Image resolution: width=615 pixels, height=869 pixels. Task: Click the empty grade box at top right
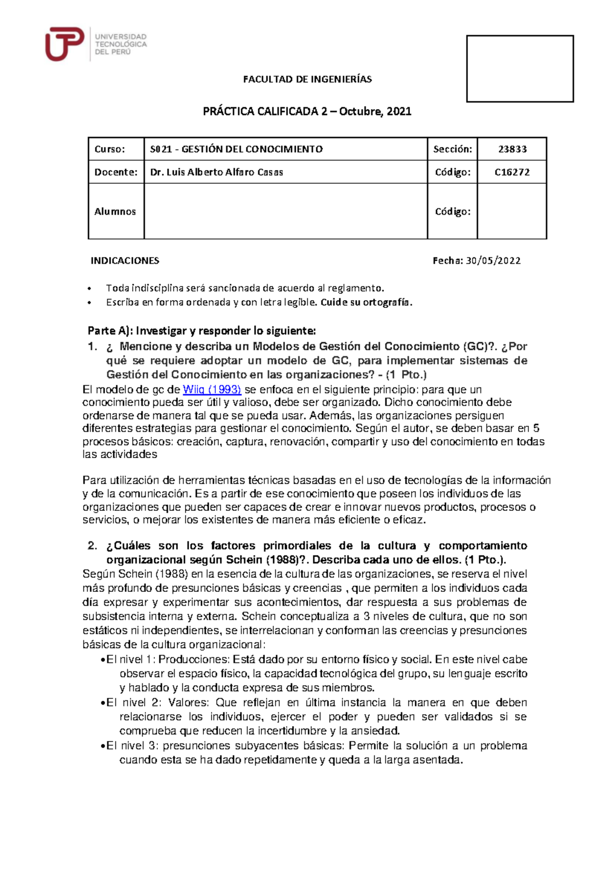coord(520,69)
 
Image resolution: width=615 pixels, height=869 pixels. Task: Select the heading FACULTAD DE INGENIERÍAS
coord(307,79)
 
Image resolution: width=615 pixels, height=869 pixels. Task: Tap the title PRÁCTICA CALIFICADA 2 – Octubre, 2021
coord(307,112)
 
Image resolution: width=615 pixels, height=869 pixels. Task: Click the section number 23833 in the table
coord(512,149)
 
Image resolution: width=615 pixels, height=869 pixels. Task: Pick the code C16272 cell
coord(512,172)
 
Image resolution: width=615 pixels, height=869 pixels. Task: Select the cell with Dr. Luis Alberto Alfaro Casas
coord(217,172)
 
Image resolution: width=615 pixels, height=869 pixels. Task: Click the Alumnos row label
coord(115,212)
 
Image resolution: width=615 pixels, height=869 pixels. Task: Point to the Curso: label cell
coord(110,149)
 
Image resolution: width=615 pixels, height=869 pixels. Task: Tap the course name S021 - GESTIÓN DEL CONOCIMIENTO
coord(236,149)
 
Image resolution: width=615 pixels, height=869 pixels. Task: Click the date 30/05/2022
coord(493,261)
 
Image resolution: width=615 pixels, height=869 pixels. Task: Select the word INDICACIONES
coord(125,261)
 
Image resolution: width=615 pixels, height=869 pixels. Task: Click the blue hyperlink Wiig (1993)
coord(212,389)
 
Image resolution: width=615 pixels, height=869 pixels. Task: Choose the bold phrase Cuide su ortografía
coord(366,302)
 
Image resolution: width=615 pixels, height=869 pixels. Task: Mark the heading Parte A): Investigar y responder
coord(202,330)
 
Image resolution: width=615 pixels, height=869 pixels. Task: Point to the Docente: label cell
coord(116,172)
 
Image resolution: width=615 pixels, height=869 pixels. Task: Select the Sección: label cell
coord(453,149)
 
